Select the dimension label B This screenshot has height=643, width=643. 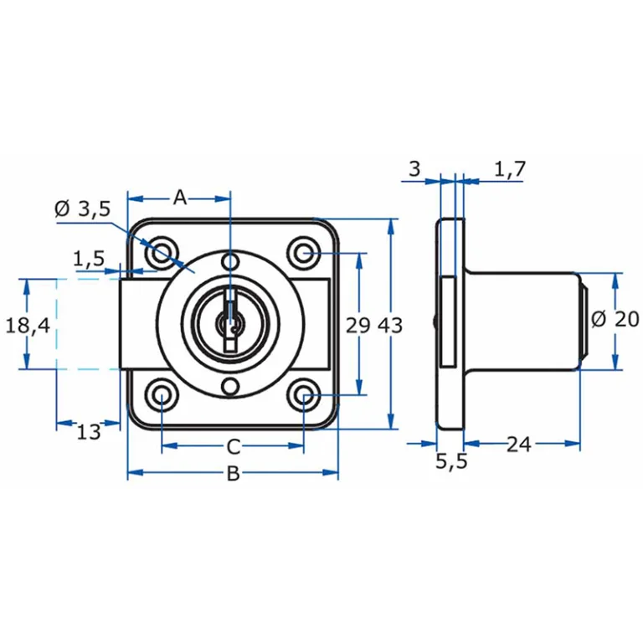click(x=233, y=474)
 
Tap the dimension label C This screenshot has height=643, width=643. click(x=234, y=445)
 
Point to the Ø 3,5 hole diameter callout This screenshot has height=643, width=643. click(x=82, y=209)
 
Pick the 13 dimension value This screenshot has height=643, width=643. click(x=88, y=432)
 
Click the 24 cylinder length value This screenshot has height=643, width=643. click(x=519, y=445)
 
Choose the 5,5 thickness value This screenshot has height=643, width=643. click(x=451, y=462)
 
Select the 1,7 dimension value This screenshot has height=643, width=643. click(x=509, y=170)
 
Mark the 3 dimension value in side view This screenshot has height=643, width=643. click(x=414, y=169)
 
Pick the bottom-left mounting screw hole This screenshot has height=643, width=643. click(x=161, y=395)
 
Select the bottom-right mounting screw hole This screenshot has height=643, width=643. click(x=303, y=395)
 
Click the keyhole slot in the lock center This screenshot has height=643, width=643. click(x=229, y=322)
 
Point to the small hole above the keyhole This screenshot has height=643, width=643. click(x=230, y=263)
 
